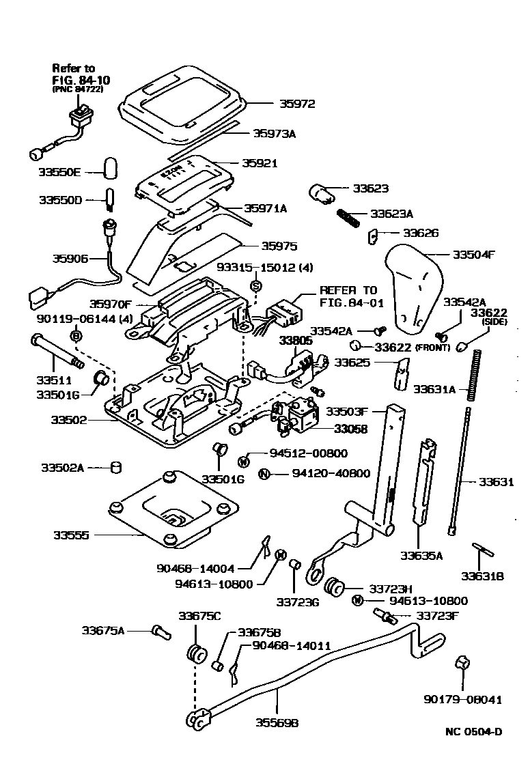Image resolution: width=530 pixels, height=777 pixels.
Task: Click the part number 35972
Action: click(x=297, y=104)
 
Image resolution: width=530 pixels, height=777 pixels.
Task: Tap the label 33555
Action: click(x=71, y=535)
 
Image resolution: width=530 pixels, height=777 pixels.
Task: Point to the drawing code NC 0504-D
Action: click(x=473, y=733)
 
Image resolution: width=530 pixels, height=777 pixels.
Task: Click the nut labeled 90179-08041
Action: click(x=463, y=661)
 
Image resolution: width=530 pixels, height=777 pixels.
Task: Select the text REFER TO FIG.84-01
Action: click(x=348, y=295)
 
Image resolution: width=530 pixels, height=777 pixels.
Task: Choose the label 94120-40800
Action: click(x=331, y=473)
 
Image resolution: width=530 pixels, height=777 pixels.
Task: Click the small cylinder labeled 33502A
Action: click(x=115, y=468)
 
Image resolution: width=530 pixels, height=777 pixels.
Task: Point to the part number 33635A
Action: click(x=421, y=555)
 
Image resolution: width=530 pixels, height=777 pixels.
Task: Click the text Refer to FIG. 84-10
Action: click(x=81, y=79)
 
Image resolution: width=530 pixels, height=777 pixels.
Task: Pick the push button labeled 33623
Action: click(x=321, y=194)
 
